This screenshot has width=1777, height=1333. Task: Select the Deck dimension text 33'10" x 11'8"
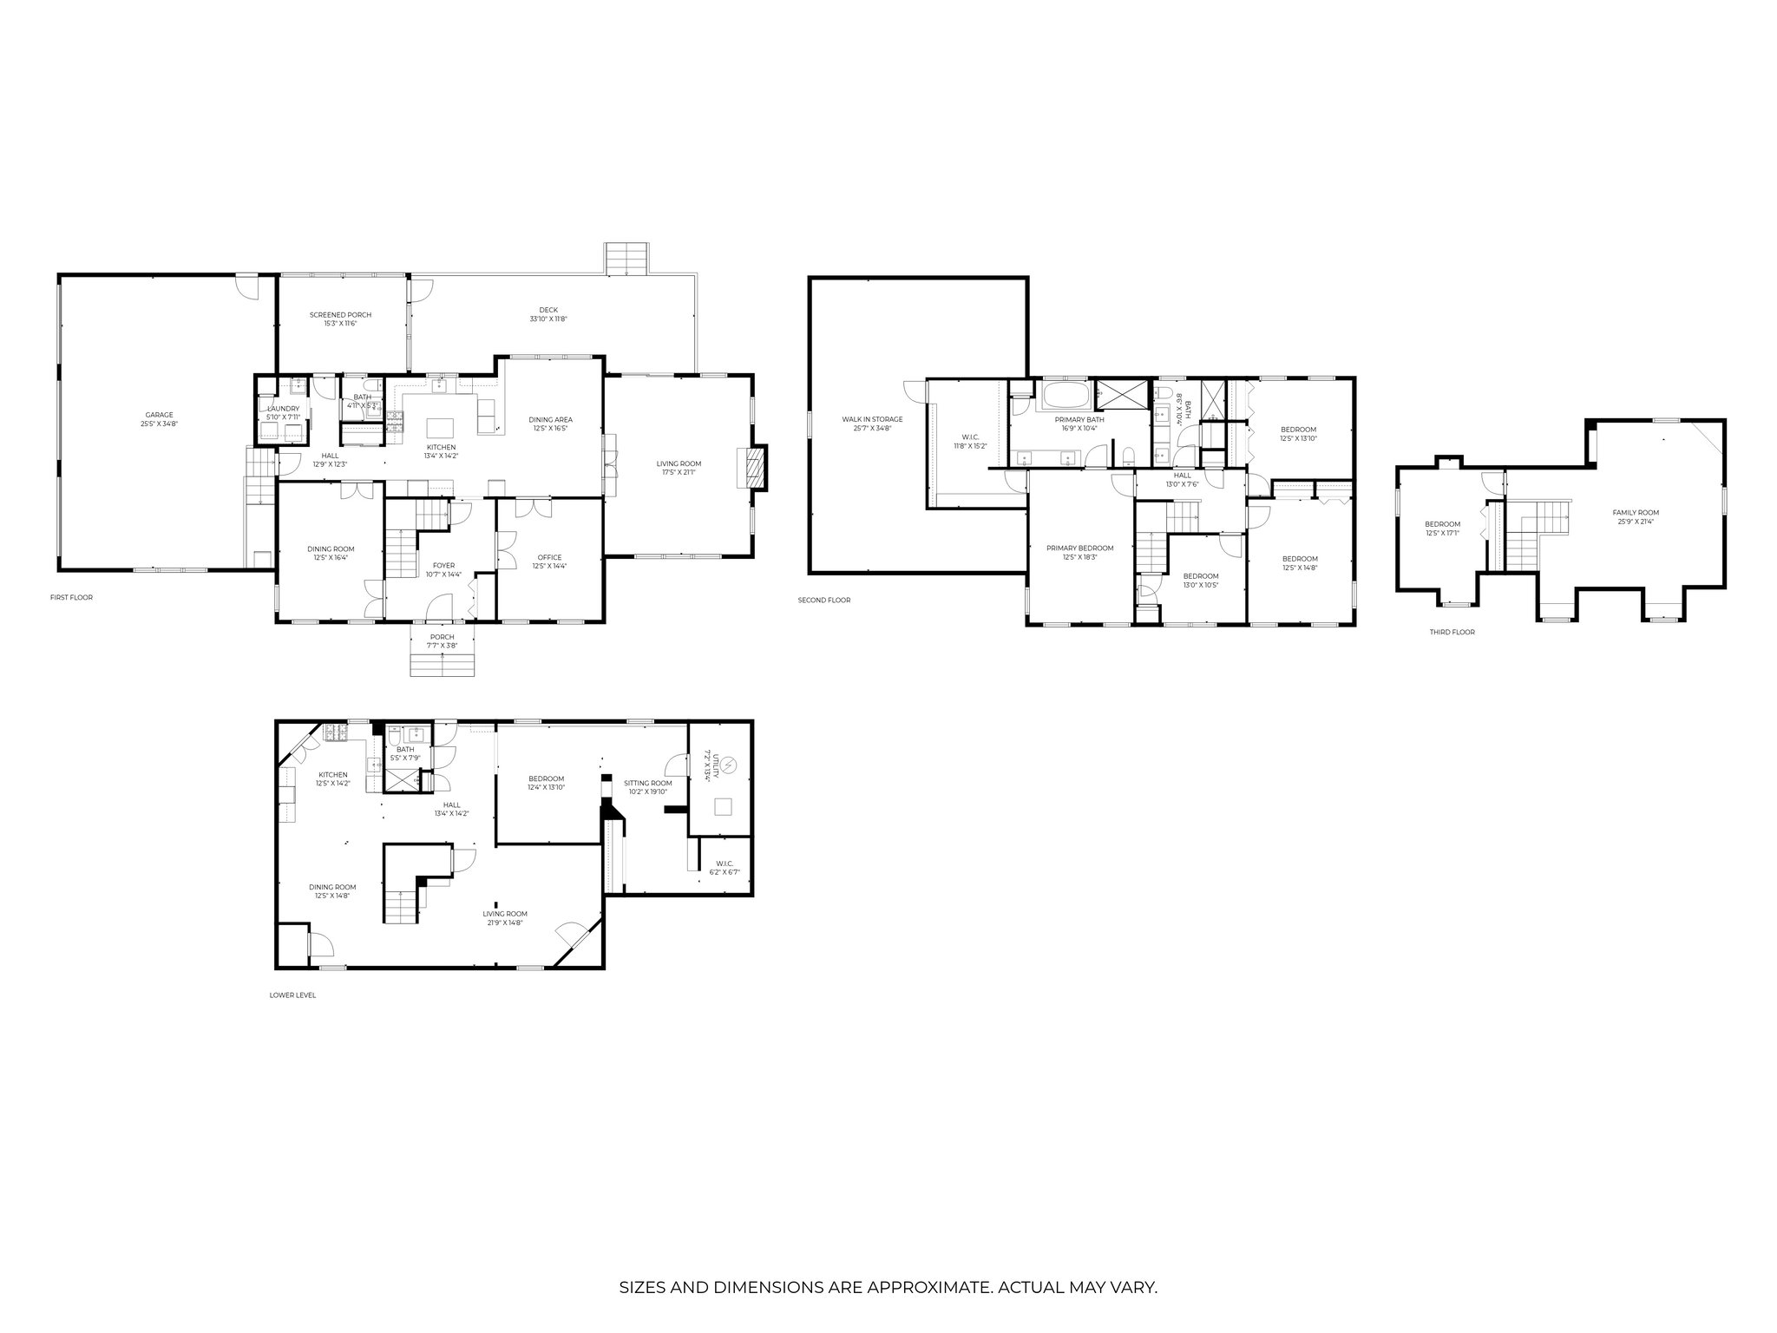point(548,318)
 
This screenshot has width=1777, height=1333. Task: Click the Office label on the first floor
point(549,557)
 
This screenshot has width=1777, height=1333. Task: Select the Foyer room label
point(443,565)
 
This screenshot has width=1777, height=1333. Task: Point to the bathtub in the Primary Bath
point(1064,397)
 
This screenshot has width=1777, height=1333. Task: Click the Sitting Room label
point(650,782)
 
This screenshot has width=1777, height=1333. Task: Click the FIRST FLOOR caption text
point(71,597)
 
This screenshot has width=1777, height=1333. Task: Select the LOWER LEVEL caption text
point(292,995)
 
